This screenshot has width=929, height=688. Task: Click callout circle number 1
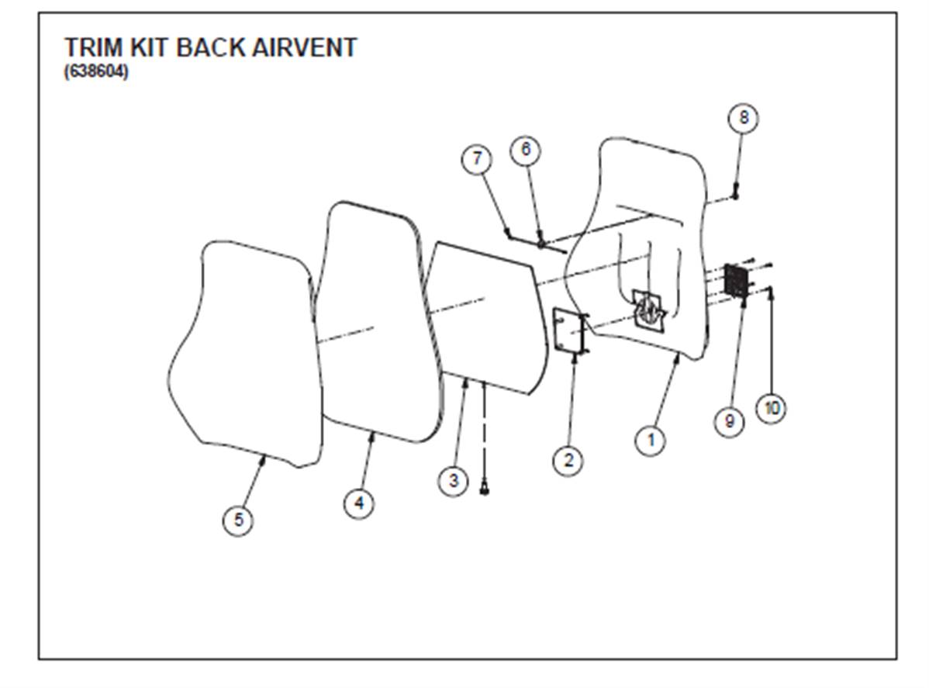tap(651, 441)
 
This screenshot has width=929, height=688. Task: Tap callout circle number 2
tap(568, 460)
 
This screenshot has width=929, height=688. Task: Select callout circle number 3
tap(454, 480)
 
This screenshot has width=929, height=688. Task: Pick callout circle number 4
tap(359, 503)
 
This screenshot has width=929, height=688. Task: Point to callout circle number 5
tap(238, 520)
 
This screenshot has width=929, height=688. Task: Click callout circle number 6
tap(526, 149)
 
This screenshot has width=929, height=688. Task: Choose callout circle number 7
tap(477, 159)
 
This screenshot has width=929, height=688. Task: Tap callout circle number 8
tap(743, 118)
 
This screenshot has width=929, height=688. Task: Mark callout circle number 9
tap(729, 421)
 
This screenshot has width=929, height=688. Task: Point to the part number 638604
tap(96, 74)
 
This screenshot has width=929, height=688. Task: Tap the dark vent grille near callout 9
tap(735, 279)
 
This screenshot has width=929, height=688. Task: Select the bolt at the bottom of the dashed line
tap(485, 489)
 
